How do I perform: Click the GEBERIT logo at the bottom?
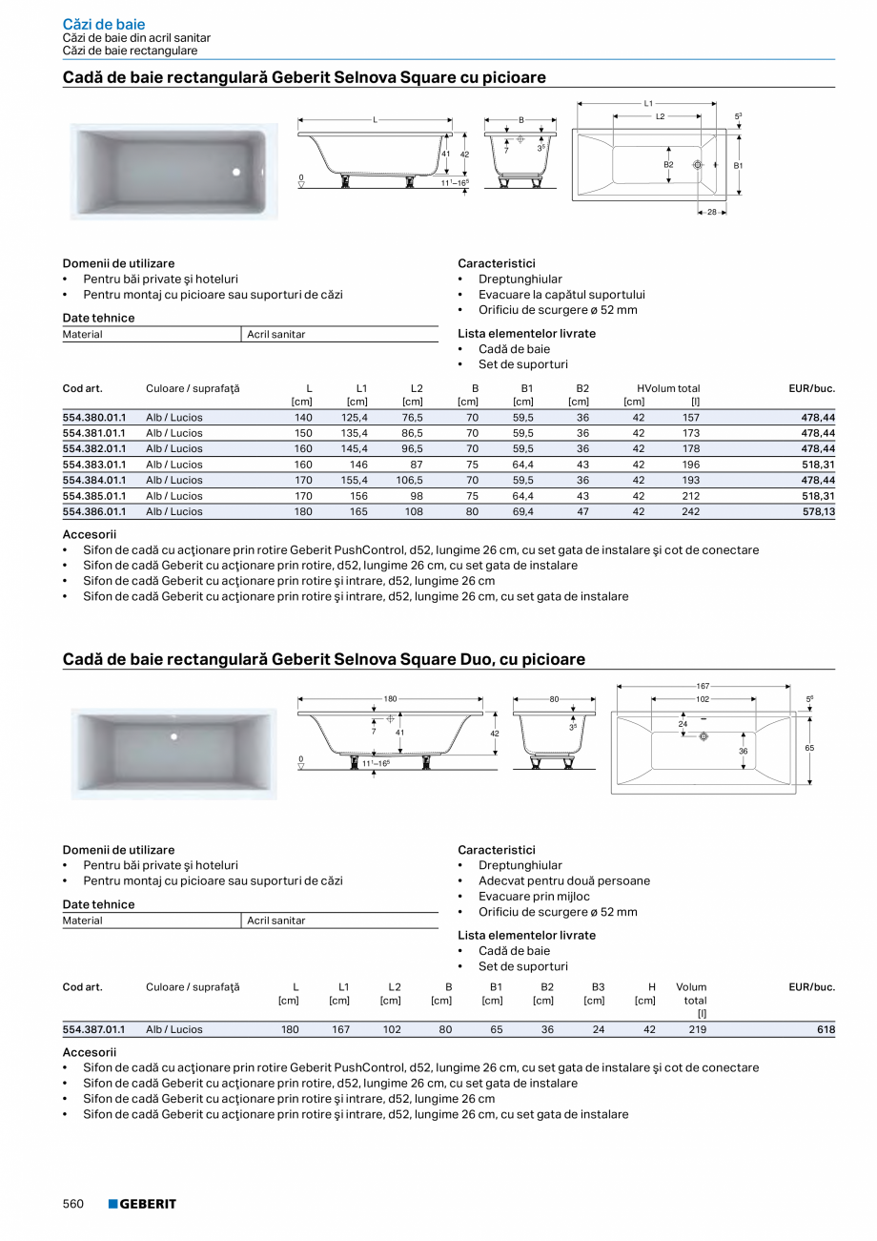pos(142,1204)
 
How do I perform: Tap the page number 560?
pos(74,1204)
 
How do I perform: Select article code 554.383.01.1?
pos(93,465)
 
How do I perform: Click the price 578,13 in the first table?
pos(817,511)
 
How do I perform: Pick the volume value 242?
pos(690,511)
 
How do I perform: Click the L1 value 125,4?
pos(355,418)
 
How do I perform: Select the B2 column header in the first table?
pos(582,388)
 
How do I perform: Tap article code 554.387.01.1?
pos(93,1029)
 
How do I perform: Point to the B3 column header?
pos(598,987)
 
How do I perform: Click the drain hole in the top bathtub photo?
pos(236,172)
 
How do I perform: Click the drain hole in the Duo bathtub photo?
pos(173,736)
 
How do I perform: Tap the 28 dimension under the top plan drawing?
pos(711,212)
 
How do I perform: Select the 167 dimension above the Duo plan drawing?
pos(703,686)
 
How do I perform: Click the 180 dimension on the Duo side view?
pos(390,699)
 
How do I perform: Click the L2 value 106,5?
pos(410,480)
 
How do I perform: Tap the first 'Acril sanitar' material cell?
pos(276,335)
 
